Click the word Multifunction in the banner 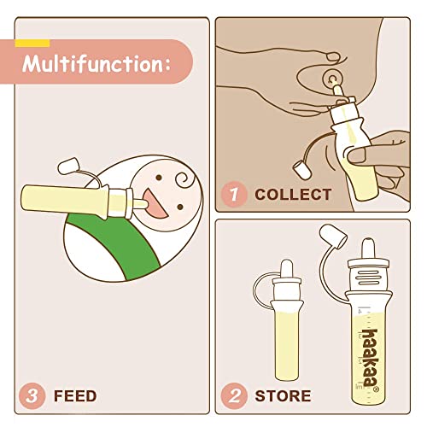click(x=96, y=62)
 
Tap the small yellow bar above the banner click(x=32, y=42)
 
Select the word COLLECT click(x=293, y=195)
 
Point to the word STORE click(x=283, y=396)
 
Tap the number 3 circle click(x=32, y=395)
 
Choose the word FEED click(x=74, y=396)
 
